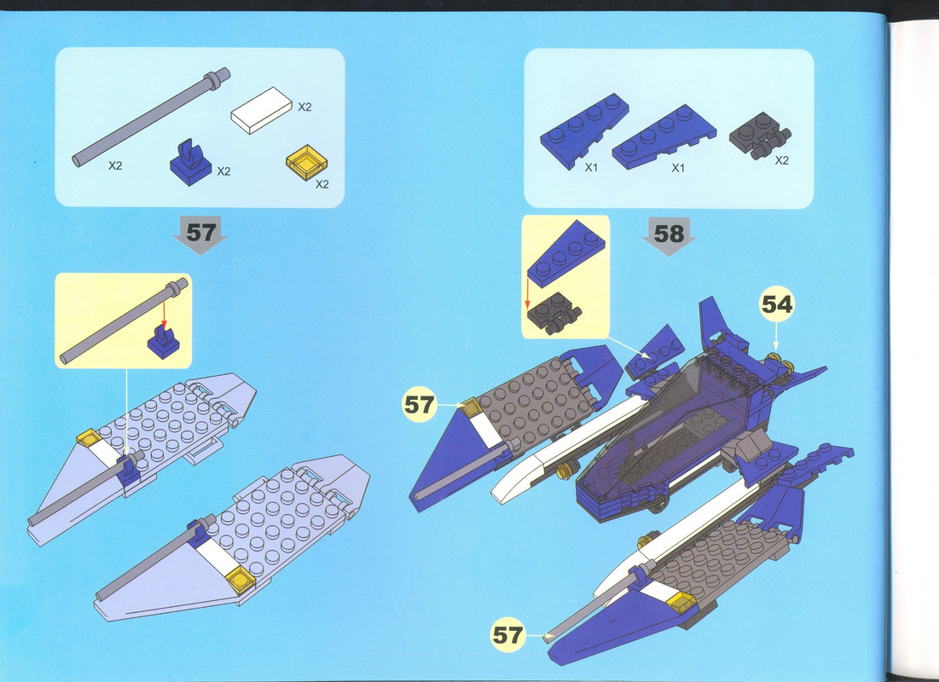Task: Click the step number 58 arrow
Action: click(x=669, y=235)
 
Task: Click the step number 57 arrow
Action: click(x=200, y=234)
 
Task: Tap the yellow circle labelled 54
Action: click(x=777, y=305)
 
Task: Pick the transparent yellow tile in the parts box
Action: click(x=307, y=162)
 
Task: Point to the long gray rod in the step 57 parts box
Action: click(x=151, y=117)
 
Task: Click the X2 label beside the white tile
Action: click(x=304, y=107)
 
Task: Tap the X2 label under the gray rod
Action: click(x=115, y=166)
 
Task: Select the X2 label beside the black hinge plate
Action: click(x=781, y=160)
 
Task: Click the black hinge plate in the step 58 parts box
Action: click(x=759, y=136)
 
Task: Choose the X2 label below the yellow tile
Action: click(x=322, y=184)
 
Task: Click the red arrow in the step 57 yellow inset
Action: click(x=164, y=315)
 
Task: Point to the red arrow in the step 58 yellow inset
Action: click(x=528, y=292)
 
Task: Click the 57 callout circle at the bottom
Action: click(x=507, y=635)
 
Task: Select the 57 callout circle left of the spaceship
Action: click(x=420, y=405)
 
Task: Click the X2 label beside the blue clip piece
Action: click(x=223, y=172)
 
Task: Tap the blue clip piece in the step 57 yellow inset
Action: click(x=164, y=342)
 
